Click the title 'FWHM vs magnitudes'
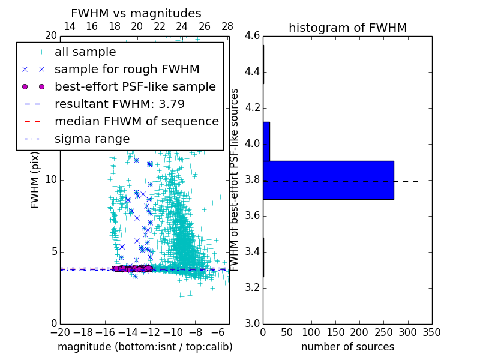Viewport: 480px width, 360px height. [136, 13]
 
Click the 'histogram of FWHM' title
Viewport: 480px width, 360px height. [347, 28]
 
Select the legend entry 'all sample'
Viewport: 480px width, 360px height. [85, 52]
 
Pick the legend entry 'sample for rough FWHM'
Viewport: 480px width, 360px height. [127, 69]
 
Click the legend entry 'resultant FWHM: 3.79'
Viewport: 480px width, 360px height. [119, 104]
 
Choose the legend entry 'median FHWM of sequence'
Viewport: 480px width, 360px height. [136, 121]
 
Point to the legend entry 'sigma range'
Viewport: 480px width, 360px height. [92, 139]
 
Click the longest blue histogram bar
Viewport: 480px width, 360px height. [328, 180]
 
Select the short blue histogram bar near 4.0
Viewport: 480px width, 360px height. [266, 142]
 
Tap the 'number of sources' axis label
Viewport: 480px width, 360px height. [347, 347]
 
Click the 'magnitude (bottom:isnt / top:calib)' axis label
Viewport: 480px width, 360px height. [145, 347]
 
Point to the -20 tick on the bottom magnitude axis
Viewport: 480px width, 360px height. [60, 332]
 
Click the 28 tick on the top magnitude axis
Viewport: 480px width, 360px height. [227, 26]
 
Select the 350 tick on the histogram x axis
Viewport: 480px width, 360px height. [432, 332]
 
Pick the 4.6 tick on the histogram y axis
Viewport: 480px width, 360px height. [253, 36]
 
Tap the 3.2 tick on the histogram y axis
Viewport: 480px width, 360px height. [253, 288]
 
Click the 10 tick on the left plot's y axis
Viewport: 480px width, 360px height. [50, 180]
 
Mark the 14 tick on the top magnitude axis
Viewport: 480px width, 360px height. [70, 26]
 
